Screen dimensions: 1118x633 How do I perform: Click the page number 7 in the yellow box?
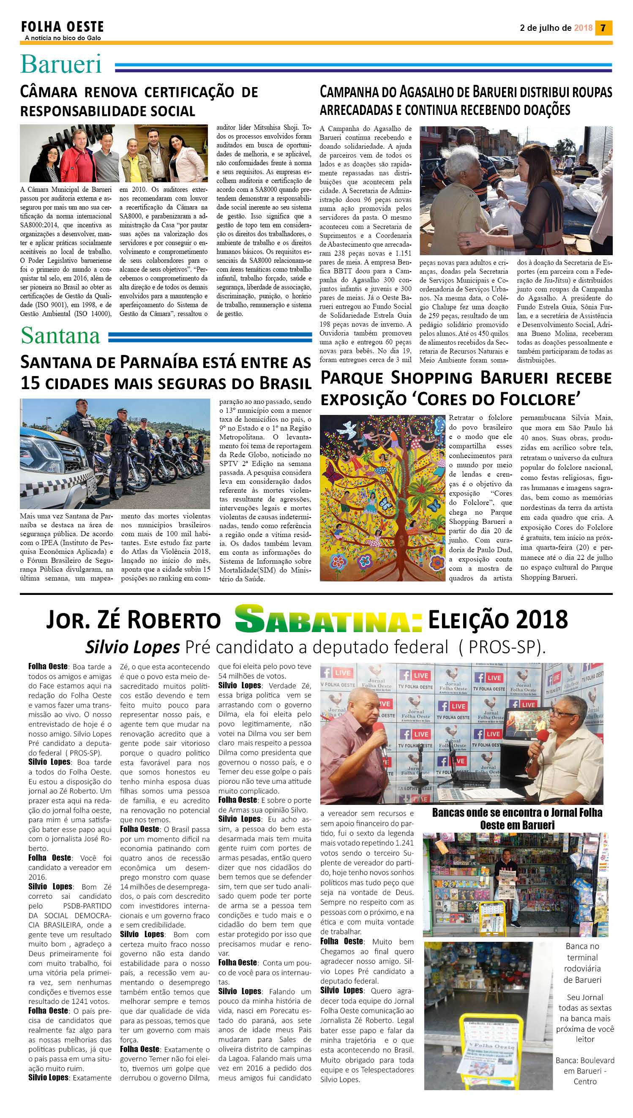[x=603, y=28]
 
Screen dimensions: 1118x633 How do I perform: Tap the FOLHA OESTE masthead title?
[x=63, y=27]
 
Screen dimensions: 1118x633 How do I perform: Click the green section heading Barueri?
[x=61, y=64]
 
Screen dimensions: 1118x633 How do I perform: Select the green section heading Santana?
[x=60, y=335]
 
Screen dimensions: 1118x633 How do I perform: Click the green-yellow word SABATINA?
[x=328, y=619]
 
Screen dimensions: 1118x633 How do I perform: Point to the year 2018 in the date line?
[x=583, y=28]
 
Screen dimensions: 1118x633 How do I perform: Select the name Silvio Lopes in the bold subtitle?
[x=132, y=647]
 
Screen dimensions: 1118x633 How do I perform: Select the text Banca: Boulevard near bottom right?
[x=585, y=1060]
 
